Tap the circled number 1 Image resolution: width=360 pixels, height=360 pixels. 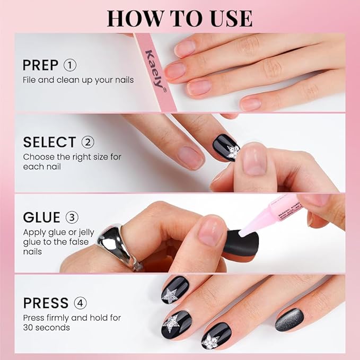click(70, 65)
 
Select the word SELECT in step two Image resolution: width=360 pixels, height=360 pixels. click(49, 142)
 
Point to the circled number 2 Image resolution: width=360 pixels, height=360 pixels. click(87, 142)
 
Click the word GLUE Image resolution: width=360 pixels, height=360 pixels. click(41, 218)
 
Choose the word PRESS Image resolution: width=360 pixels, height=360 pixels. click(46, 303)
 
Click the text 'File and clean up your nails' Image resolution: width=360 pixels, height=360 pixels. click(78, 80)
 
